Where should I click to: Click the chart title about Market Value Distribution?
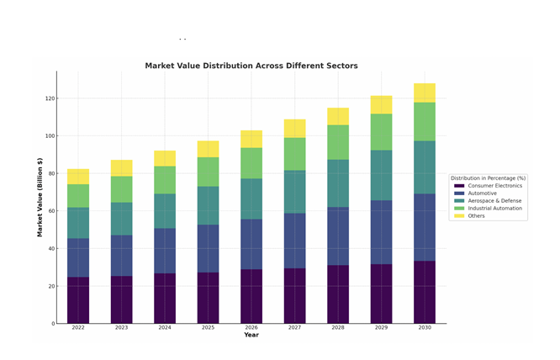click(251, 66)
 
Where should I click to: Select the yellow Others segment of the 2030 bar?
click(425, 93)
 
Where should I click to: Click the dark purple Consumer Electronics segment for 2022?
click(78, 300)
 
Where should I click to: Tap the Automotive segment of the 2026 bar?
click(251, 244)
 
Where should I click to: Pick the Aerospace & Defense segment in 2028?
click(338, 183)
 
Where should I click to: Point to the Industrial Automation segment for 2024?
click(165, 180)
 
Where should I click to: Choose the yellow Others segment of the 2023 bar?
click(121, 168)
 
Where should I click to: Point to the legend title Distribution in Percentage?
click(488, 178)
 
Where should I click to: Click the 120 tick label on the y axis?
click(50, 98)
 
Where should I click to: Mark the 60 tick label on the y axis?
click(51, 211)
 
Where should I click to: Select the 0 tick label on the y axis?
click(53, 324)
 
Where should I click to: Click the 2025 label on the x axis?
click(208, 328)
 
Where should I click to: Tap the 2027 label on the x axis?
click(294, 328)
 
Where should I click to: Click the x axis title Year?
click(251, 336)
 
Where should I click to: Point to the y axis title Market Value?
click(40, 198)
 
